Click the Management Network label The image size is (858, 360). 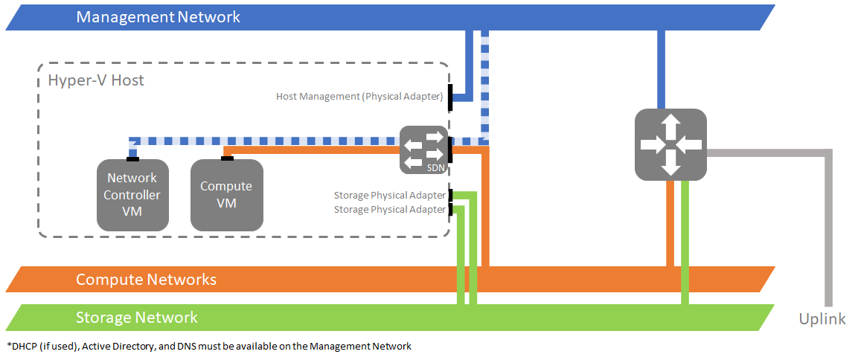[158, 17]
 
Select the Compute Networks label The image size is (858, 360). [146, 280]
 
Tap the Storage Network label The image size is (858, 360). [137, 318]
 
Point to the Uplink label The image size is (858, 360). [822, 319]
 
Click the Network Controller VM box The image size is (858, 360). [132, 195]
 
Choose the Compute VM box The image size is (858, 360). [227, 195]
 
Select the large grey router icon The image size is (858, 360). [670, 144]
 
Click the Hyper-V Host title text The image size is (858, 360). [96, 80]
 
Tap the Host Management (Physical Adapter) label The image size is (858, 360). [359, 97]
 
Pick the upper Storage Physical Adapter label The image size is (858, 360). [389, 196]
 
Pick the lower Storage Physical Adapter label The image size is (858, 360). [389, 210]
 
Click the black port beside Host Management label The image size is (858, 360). [451, 100]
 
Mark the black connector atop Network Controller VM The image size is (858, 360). [132, 158]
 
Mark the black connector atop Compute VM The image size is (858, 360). [227, 158]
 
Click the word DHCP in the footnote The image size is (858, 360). [24, 346]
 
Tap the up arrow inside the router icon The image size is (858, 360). [670, 123]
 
